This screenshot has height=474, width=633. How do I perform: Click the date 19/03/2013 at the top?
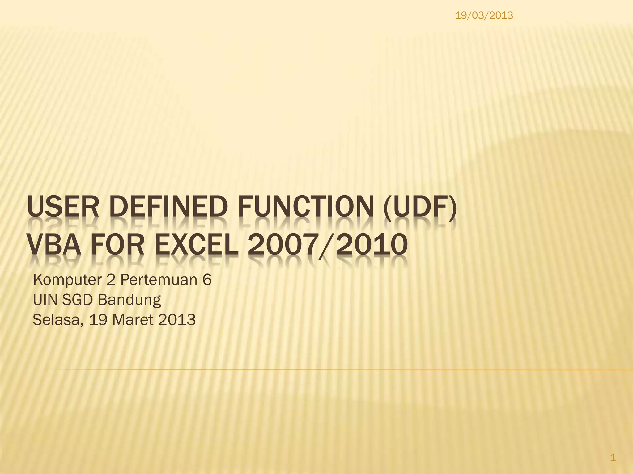[484, 15]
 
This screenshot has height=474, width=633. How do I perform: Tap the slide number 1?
[613, 458]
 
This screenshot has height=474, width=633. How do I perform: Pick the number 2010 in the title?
[371, 245]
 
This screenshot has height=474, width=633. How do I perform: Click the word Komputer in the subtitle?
[67, 280]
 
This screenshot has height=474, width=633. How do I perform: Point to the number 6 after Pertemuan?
[207, 280]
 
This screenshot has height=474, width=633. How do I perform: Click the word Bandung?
[129, 300]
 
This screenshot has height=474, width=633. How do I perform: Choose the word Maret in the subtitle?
[133, 320]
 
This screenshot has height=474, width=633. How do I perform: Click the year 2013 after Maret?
[177, 320]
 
